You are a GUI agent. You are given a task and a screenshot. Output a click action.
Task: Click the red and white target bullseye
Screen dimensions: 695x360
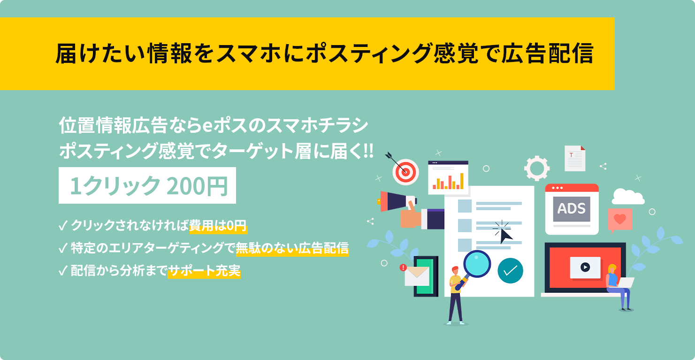[x=405, y=172]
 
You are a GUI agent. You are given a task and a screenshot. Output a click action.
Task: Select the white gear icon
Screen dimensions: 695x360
[x=537, y=168]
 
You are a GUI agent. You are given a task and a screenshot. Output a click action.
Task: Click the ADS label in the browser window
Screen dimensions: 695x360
[x=572, y=208]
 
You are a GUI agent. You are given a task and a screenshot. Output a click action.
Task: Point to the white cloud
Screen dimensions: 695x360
[x=628, y=197]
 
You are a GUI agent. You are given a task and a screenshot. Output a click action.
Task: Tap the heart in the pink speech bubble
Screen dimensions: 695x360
[x=620, y=219]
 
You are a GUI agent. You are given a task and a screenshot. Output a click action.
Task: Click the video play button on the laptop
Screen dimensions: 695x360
[x=585, y=267]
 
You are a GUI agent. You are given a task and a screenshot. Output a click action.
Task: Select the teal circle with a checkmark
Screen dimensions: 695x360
[x=511, y=271]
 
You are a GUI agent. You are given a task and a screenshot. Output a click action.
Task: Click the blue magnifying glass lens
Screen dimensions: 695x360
[x=477, y=264]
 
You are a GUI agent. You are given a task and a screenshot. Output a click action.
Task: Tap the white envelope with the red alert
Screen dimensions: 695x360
[x=416, y=276]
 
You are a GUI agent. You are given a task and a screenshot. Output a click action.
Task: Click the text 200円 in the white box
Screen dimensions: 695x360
[x=197, y=186]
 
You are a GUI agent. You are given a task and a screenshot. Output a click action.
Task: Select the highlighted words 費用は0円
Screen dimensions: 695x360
[x=218, y=226]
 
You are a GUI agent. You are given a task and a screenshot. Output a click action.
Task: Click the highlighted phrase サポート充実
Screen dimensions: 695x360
[x=204, y=271]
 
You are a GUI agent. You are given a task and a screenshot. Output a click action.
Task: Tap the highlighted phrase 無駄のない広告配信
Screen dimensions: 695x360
[x=292, y=248]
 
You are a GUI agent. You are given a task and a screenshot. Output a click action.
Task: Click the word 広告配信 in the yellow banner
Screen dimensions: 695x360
[x=547, y=54]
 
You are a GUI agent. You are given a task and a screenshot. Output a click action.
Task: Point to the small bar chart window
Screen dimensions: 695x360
[x=448, y=177]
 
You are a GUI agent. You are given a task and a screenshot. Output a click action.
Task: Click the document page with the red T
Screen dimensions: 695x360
[x=575, y=158]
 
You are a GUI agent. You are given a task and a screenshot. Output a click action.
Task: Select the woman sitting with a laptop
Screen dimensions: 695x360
[x=618, y=287]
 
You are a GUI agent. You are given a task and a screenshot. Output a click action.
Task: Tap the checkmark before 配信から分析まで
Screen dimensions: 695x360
[x=63, y=271]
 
